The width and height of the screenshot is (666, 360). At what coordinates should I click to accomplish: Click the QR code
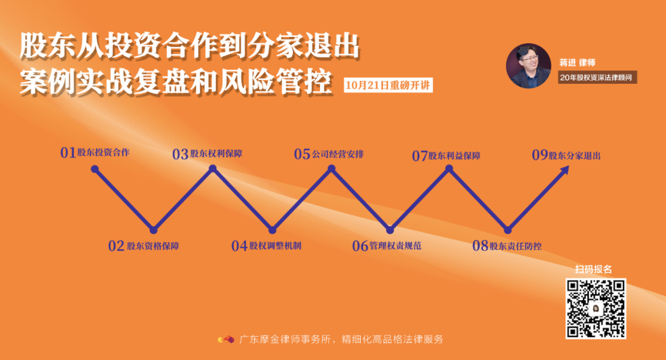(x=596, y=308)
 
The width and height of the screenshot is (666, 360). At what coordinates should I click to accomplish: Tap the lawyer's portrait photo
(x=528, y=65)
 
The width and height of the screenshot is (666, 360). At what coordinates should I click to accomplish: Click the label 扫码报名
(x=593, y=269)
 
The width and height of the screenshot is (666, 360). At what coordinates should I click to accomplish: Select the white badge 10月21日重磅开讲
(x=388, y=85)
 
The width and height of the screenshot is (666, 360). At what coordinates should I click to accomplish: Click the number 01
(x=68, y=153)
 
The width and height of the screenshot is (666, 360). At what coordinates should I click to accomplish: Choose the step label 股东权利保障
(x=216, y=154)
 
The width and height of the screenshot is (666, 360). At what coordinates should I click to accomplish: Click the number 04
(x=239, y=246)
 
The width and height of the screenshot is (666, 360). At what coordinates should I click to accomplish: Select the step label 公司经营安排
(x=338, y=154)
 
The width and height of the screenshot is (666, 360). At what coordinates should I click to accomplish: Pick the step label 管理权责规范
(x=395, y=246)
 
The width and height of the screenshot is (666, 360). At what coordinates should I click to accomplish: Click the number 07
(x=420, y=156)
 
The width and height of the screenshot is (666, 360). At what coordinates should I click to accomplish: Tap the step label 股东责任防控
(x=516, y=246)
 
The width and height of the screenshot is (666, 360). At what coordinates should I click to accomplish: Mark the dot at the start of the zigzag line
(x=94, y=169)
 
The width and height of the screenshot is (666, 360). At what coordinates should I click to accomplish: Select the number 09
(x=540, y=155)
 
